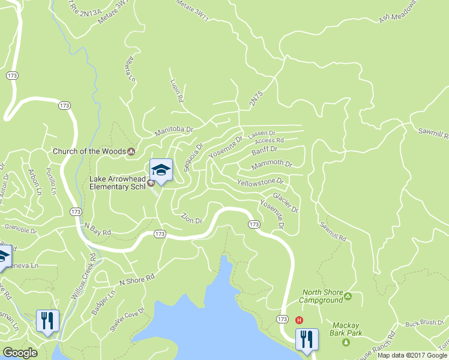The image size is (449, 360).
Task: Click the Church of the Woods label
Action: [89, 151]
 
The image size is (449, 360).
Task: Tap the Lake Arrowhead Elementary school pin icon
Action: [161, 170]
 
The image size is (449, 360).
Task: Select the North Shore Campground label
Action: [322, 296]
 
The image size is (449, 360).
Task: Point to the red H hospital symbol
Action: [299, 319]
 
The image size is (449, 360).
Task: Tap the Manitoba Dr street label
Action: [173, 130]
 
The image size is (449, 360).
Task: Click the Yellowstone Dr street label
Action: [259, 181]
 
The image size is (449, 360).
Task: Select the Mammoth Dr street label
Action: [271, 164]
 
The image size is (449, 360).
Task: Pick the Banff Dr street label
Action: [265, 149]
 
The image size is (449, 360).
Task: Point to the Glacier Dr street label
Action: [285, 202]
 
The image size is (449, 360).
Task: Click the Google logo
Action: [20, 353]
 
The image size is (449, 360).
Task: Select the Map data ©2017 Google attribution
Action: [412, 355]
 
